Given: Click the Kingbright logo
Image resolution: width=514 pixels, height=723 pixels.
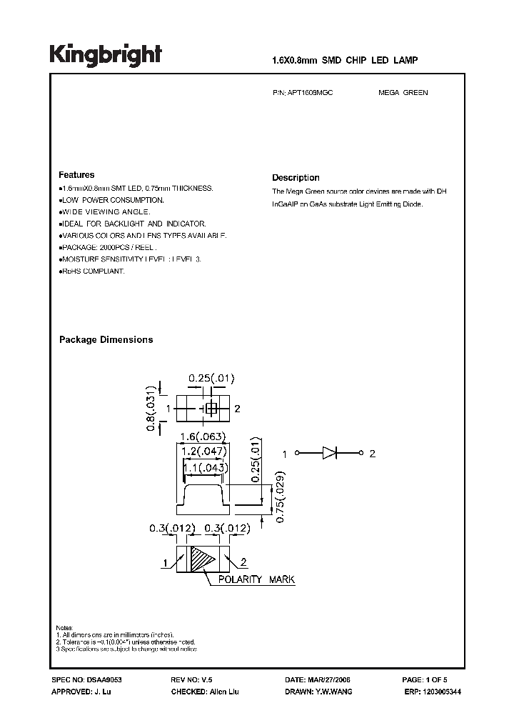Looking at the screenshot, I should (106, 55).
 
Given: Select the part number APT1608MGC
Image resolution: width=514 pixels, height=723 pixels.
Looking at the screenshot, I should (312, 93).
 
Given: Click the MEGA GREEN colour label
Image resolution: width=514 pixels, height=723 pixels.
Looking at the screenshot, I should (403, 93).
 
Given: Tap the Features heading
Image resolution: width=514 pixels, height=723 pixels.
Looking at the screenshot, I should (76, 175).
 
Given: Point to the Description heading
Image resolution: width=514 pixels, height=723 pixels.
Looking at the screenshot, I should (296, 178).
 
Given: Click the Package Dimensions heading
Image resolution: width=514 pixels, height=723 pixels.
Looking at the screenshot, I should (106, 340).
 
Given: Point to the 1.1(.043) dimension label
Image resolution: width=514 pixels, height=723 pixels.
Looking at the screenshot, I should (204, 467).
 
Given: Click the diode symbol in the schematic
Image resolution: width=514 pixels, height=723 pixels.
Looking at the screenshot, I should (329, 453).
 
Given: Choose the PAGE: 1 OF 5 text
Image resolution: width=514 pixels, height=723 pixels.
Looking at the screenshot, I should (425, 680).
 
